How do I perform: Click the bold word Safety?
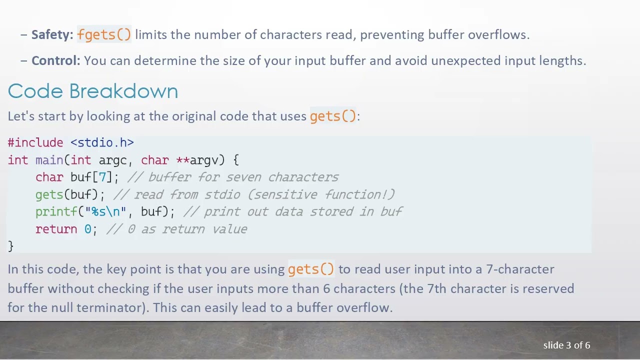coord(52,34)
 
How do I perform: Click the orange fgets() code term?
coord(104,34)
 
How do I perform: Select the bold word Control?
coord(55,60)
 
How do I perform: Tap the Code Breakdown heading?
coord(93,91)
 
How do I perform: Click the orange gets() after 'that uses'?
coord(333,116)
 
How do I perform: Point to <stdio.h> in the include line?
coord(102,142)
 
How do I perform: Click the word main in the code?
coord(49,160)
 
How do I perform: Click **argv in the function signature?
coord(197,160)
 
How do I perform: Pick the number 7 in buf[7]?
coord(102,177)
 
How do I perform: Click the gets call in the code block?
coord(49,194)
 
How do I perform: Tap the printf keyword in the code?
coord(56,211)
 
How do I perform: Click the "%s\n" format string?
coord(105,211)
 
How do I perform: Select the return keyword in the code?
coord(56,229)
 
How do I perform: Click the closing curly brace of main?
coord(10,246)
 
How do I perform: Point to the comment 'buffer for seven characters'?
coord(243,177)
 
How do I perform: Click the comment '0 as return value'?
coord(187,229)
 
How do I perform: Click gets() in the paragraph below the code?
coord(311,269)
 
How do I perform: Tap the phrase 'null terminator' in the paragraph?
coord(99,307)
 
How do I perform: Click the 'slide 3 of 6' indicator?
coord(566,345)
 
